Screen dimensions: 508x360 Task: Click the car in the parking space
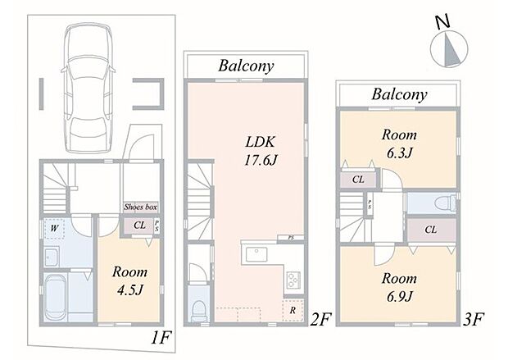(x=88, y=88)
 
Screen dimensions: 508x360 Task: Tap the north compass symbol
(x=449, y=45)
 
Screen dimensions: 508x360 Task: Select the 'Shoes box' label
(x=141, y=207)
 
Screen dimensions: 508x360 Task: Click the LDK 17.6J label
(x=261, y=151)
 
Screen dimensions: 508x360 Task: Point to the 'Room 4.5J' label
(x=129, y=280)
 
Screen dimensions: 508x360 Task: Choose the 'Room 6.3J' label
(x=399, y=144)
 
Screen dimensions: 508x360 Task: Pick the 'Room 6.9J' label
(x=399, y=287)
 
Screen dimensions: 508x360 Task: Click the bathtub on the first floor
(x=56, y=297)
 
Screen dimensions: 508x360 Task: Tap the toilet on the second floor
(x=198, y=311)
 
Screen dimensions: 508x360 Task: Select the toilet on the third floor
(x=445, y=203)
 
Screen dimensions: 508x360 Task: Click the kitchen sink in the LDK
(x=256, y=254)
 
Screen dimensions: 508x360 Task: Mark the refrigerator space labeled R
(x=293, y=310)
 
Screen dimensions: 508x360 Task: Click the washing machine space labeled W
(x=54, y=228)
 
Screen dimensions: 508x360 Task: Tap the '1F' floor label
(x=160, y=339)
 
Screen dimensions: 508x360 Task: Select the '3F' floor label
(x=473, y=319)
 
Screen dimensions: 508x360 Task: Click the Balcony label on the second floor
(x=246, y=66)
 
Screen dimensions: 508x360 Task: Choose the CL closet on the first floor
(x=139, y=225)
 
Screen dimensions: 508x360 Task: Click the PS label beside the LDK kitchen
(x=291, y=238)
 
